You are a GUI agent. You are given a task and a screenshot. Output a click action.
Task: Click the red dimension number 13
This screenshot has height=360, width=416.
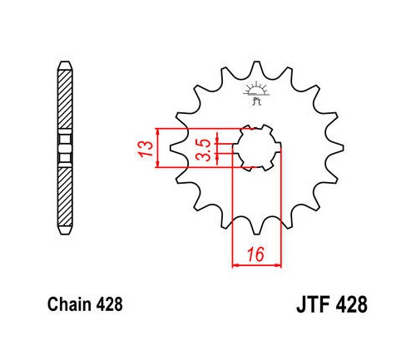(146, 149)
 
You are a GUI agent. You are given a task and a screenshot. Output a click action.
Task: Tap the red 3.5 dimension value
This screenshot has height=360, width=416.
(203, 150)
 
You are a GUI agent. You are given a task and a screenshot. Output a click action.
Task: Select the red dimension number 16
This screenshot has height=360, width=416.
(256, 254)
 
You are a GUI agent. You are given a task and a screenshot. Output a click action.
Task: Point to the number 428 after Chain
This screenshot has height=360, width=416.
(110, 304)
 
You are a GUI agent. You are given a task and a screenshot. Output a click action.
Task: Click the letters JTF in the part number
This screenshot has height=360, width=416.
(314, 304)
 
